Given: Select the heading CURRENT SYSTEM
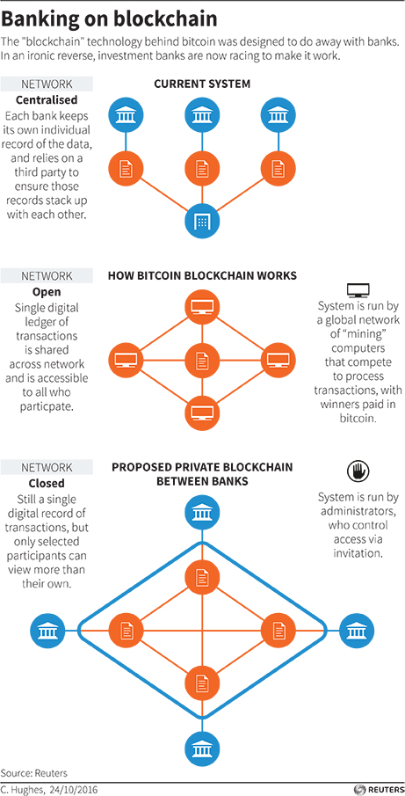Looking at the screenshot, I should (202, 84).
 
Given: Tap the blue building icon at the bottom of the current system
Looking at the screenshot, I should (202, 222).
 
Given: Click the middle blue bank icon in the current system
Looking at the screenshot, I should (202, 114).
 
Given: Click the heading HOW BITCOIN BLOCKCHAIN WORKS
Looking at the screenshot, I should (202, 276).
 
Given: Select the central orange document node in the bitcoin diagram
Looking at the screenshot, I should (202, 359).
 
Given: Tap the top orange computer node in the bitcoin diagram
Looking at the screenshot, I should (202, 307).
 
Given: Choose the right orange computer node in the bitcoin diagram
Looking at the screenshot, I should (278, 359).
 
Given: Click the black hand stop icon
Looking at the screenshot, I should (358, 471).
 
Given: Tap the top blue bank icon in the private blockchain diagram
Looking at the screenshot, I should (202, 513).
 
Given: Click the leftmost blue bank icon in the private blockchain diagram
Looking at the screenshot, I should (47, 630).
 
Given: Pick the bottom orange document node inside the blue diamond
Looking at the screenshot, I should (202, 682).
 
